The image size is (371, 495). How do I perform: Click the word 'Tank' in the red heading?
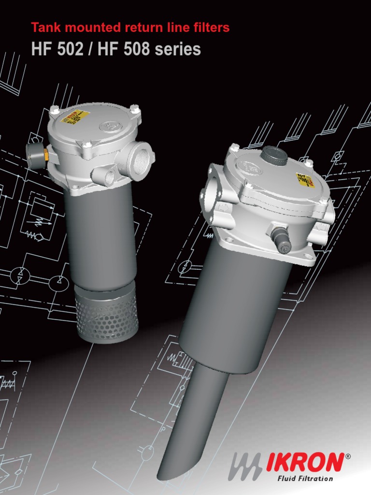click(x=44, y=29)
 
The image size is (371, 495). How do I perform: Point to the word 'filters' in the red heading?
click(x=211, y=29)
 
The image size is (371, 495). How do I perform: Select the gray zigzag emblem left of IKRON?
click(x=247, y=466)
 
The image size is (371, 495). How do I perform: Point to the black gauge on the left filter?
click(x=36, y=155)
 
